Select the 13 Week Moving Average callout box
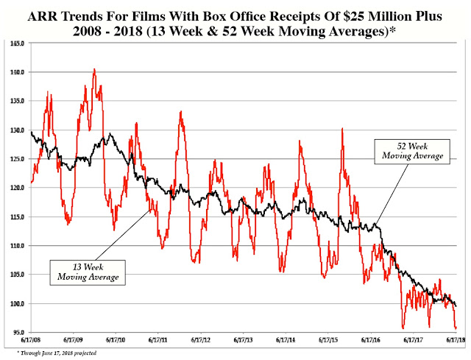click(x=88, y=270)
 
